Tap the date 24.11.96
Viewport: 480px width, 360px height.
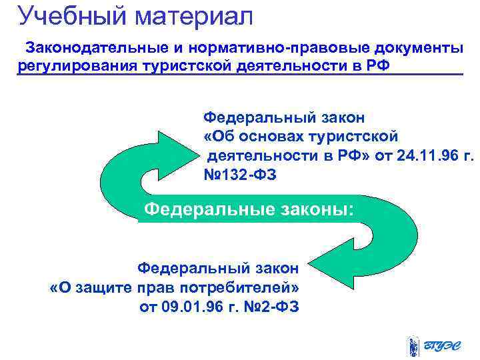(x=413, y=156)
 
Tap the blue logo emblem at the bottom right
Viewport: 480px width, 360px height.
(x=413, y=345)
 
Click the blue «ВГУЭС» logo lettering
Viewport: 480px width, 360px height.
(x=447, y=345)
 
